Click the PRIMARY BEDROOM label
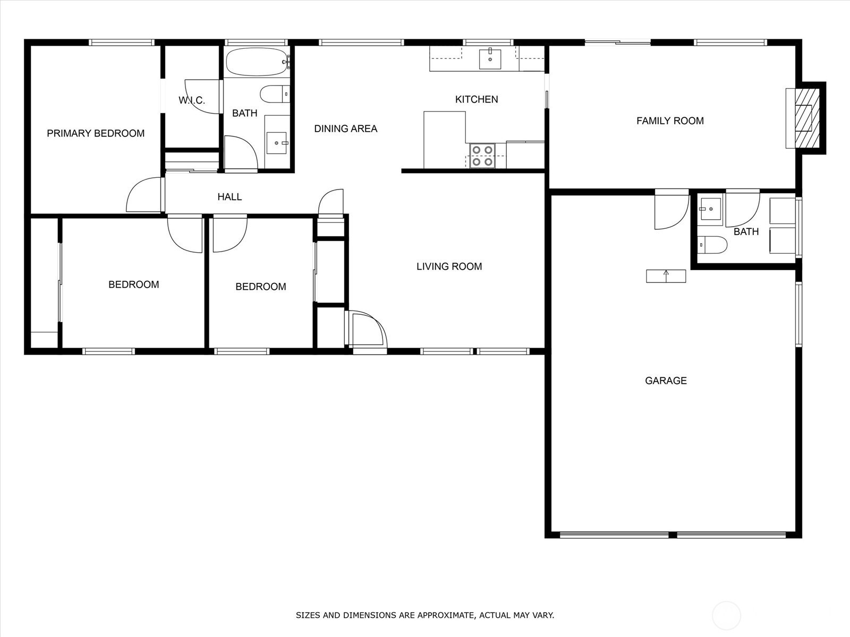[x=96, y=133]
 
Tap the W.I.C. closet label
[x=191, y=100]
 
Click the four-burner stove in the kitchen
[x=482, y=156]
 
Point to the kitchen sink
[x=490, y=59]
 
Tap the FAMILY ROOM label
[x=670, y=121]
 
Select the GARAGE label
[x=666, y=381]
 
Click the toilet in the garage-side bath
[x=712, y=245]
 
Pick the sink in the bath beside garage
[x=710, y=209]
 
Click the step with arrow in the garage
[x=666, y=276]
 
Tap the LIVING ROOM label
[x=449, y=266]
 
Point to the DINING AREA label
[x=345, y=128]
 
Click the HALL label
[x=229, y=197]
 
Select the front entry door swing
[x=367, y=330]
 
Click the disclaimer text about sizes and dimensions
[x=424, y=615]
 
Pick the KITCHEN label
[x=477, y=99]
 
